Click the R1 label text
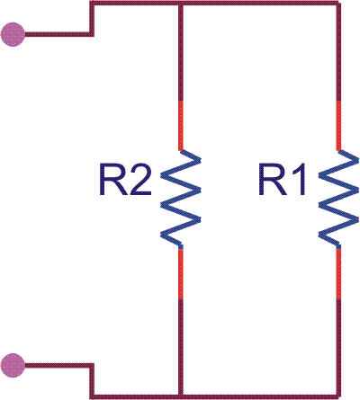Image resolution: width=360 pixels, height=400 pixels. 282,180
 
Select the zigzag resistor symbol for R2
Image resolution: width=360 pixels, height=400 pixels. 181,200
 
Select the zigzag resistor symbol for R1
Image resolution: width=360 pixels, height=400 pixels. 338,200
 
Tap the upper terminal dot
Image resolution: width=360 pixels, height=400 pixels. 13,34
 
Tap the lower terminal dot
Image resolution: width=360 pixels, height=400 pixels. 13,365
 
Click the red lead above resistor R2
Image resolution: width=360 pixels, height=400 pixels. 181,126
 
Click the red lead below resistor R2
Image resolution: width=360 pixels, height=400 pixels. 181,273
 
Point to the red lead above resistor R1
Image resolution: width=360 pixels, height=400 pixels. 338,126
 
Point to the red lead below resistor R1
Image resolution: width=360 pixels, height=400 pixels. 338,273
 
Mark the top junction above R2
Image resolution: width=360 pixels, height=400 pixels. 181,4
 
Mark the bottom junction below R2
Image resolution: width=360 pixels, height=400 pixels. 181,396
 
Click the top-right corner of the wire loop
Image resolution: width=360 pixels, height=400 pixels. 338,4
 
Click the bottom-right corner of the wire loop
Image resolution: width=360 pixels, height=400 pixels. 338,396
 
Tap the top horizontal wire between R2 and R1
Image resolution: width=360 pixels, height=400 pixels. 260,4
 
